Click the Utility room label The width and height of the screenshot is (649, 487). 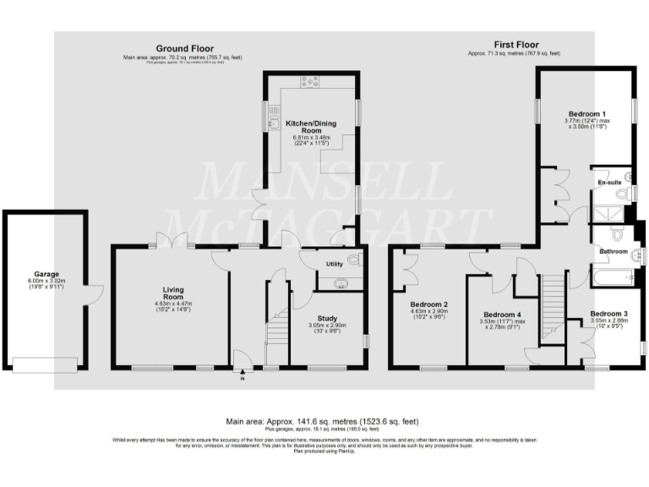(335, 265)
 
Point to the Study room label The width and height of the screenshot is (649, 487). (327, 319)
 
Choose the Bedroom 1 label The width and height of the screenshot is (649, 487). (586, 113)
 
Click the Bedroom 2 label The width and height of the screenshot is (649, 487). (428, 304)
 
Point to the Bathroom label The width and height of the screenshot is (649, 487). (614, 251)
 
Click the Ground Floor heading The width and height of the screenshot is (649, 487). (184, 49)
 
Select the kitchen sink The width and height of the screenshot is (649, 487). (274, 125)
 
